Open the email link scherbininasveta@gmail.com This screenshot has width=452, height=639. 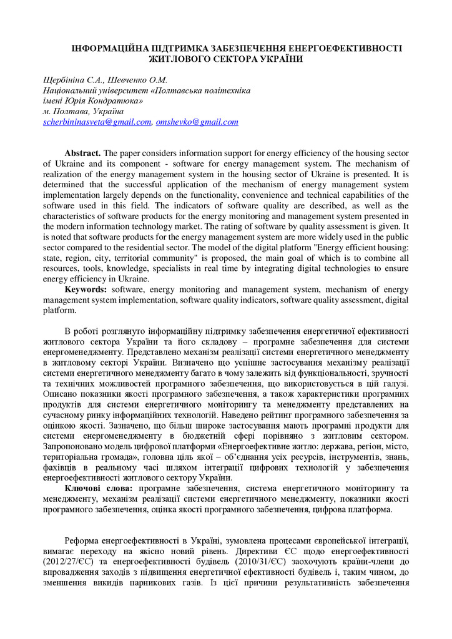pos(97,122)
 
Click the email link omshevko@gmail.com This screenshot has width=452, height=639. pos(197,122)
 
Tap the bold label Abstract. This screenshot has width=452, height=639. pos(82,154)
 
